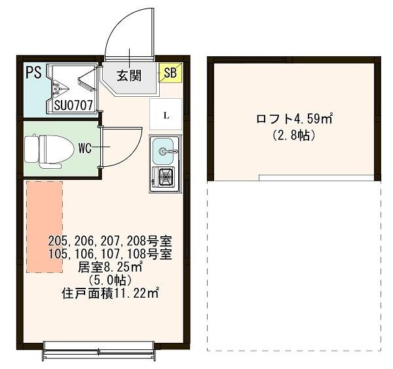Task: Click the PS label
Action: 33,72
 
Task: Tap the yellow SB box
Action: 170,73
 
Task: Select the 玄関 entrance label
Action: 130,75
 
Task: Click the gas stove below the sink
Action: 164,177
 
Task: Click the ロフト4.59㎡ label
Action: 294,119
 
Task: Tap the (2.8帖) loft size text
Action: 294,136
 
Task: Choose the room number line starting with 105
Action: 110,254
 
